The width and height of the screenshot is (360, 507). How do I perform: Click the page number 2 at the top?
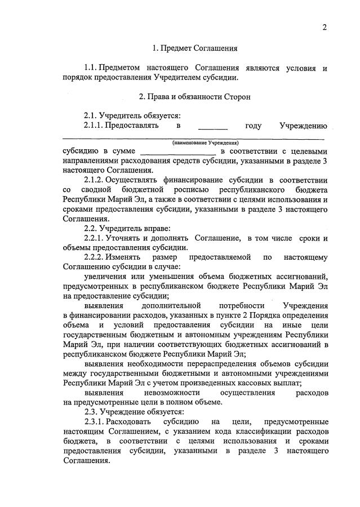[x=325, y=28]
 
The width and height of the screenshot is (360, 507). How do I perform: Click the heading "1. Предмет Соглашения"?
[x=195, y=48]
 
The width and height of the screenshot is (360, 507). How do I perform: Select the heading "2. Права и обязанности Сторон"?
[x=195, y=96]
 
